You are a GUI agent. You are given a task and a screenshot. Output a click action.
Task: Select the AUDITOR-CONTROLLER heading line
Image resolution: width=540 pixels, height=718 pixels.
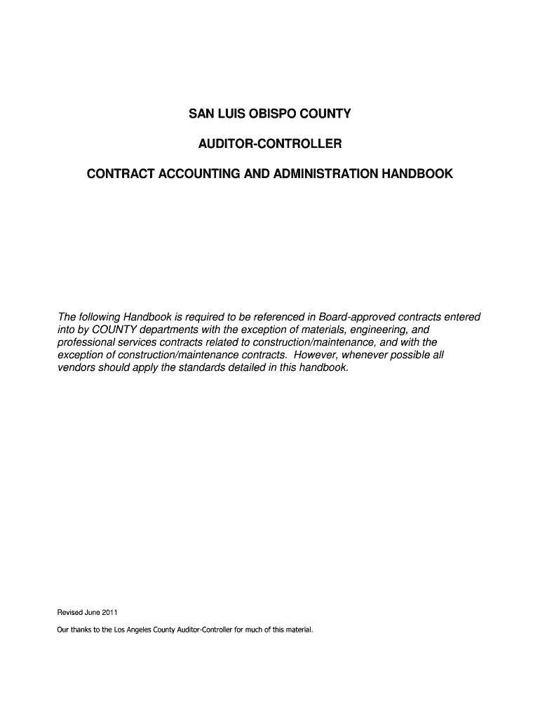click(x=270, y=144)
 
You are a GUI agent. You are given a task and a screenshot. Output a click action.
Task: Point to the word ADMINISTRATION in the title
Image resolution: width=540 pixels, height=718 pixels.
click(x=317, y=173)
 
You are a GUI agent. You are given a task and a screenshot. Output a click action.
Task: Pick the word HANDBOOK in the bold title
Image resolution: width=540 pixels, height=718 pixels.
click(x=414, y=173)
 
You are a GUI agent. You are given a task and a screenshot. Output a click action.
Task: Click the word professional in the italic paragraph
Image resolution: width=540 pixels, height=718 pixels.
click(x=84, y=342)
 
